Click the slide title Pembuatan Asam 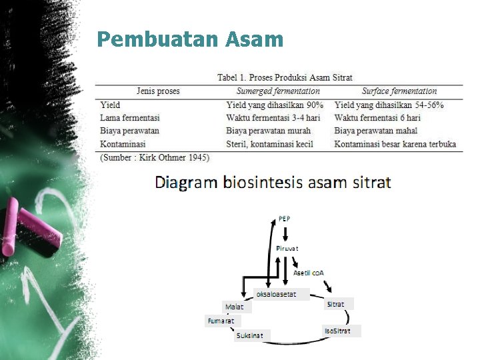click(190, 39)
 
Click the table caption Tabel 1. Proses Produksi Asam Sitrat click(285, 78)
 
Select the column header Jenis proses click(158, 91)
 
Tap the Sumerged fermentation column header click(278, 91)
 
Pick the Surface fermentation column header click(399, 91)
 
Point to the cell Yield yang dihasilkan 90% click(275, 105)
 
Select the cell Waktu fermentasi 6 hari click(377, 118)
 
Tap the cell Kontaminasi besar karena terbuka click(395, 144)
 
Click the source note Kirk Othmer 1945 click(155, 157)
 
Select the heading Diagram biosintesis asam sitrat click(273, 182)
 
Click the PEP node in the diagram click(284, 219)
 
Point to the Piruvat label click(287, 249)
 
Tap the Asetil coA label click(309, 273)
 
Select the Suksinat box click(250, 335)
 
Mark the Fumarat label click(221, 321)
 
